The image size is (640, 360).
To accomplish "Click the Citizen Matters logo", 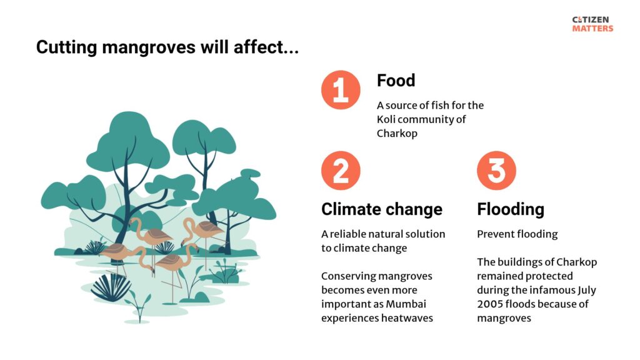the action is coord(592,24).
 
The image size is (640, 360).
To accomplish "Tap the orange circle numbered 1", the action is coord(341,90).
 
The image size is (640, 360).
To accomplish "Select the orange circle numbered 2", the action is coord(341,171).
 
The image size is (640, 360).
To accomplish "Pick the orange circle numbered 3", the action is coord(496,171).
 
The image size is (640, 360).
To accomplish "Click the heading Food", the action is coord(396,81).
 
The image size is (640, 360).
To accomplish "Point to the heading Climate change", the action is coord(382,209).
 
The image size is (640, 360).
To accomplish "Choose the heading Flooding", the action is coord(511,209).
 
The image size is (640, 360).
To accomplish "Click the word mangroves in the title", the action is coord(149,47).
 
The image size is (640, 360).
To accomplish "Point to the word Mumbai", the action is coord(406,304).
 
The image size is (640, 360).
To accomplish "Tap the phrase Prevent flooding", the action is coord(517,234).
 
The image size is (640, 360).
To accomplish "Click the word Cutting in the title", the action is coord(67,47).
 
